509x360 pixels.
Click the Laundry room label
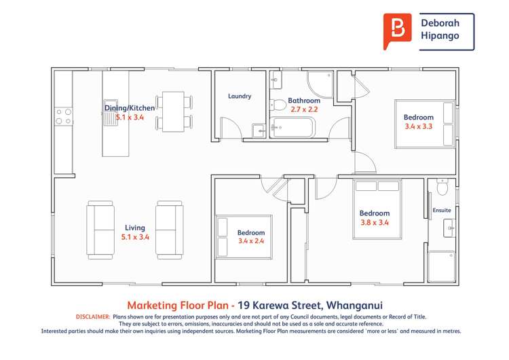pos(240,96)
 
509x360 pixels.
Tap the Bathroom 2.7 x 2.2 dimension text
pos(303,109)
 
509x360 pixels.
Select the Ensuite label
pos(442,211)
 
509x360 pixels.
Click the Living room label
pos(134,228)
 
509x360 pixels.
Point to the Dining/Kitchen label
pos(130,108)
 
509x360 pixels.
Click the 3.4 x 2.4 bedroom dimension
pos(252,240)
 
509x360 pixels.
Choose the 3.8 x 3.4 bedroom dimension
pos(375,222)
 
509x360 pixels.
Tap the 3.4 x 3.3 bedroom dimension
pos(418,126)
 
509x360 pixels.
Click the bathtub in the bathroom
pos(293,127)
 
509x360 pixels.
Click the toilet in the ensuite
pos(442,185)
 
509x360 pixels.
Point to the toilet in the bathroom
pos(278,105)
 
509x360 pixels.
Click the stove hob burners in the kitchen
pos(64,116)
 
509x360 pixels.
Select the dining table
pos(174,112)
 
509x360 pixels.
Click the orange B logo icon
pos(398,31)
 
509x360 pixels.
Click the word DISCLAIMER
pos(90,317)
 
